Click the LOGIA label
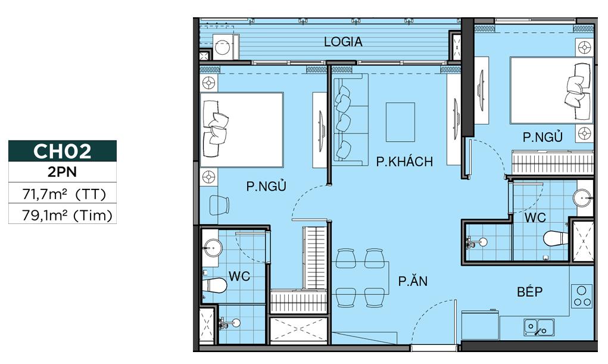click(x=343, y=42)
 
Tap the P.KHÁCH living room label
click(x=404, y=161)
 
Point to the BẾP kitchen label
click(x=530, y=292)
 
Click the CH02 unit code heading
click(x=63, y=151)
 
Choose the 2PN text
click(x=63, y=173)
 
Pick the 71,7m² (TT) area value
click(x=63, y=194)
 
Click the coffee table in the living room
click(x=400, y=122)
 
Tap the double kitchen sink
click(x=538, y=327)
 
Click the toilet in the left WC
click(x=214, y=286)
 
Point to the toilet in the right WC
click(x=555, y=238)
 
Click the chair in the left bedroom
click(x=219, y=204)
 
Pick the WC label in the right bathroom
click(x=535, y=218)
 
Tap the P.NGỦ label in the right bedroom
click(x=542, y=138)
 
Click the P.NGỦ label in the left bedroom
click(x=266, y=186)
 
